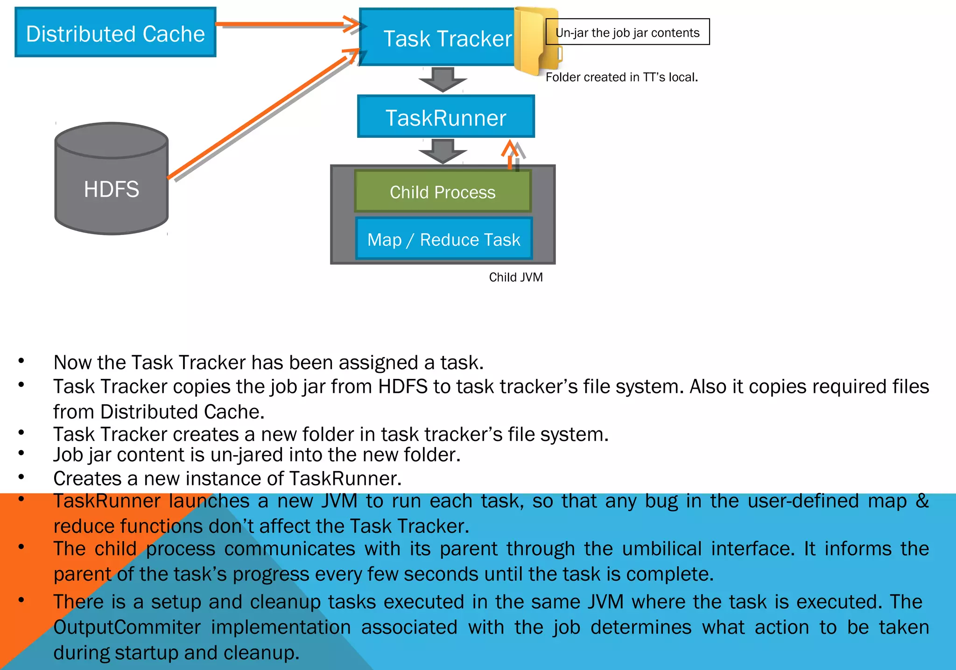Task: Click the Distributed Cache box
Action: [115, 33]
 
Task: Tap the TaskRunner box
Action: [446, 117]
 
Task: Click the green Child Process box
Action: [443, 192]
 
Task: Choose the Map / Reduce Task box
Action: [443, 239]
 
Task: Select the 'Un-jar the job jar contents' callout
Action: [627, 32]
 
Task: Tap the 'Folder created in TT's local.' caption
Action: [621, 77]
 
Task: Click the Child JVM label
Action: [516, 277]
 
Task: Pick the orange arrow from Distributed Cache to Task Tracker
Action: [285, 23]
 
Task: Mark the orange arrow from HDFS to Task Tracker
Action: [261, 114]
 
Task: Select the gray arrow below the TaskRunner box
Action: [443, 151]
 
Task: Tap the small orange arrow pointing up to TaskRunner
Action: [510, 154]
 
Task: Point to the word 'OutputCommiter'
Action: [127, 627]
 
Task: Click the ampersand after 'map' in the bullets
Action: [922, 501]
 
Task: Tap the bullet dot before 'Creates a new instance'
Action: [21, 477]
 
